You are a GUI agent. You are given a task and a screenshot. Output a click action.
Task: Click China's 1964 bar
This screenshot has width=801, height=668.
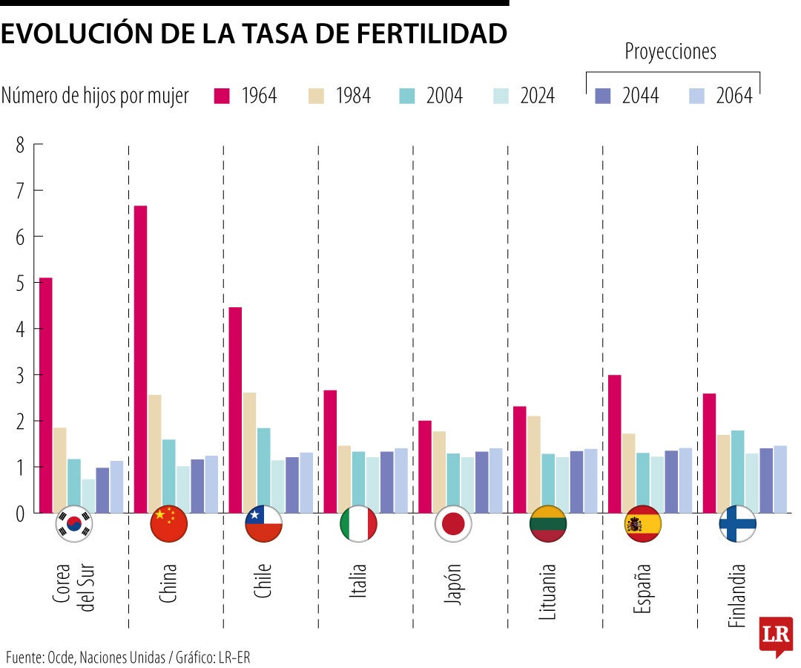coord(140,358)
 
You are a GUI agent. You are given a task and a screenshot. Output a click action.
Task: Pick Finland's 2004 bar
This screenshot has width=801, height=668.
coord(737,471)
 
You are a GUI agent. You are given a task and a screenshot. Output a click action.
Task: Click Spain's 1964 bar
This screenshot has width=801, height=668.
coord(614,443)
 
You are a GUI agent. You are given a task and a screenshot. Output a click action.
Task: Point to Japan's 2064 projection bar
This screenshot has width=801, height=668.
coord(495,480)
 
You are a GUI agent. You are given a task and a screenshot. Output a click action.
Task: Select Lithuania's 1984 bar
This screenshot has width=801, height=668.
coord(534,464)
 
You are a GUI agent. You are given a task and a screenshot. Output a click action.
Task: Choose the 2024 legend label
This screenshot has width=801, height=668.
coord(537,96)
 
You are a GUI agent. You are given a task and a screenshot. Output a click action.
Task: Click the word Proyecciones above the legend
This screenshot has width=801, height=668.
coord(670,52)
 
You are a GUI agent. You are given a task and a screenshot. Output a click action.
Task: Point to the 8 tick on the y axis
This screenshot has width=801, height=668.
coord(19,145)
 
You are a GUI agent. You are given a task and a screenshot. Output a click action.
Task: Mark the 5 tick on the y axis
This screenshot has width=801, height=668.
coord(19,283)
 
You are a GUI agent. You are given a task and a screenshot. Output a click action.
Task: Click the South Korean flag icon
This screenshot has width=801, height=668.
coord(74,524)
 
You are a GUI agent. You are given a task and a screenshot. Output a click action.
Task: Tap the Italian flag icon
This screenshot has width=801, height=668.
coord(358,524)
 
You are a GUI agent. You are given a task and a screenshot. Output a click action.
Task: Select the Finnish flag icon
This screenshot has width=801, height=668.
coord(737,524)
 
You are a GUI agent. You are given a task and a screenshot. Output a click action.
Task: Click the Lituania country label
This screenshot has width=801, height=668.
coord(547,591)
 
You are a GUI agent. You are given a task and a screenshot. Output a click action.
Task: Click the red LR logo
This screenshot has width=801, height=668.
coord(776,635)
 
